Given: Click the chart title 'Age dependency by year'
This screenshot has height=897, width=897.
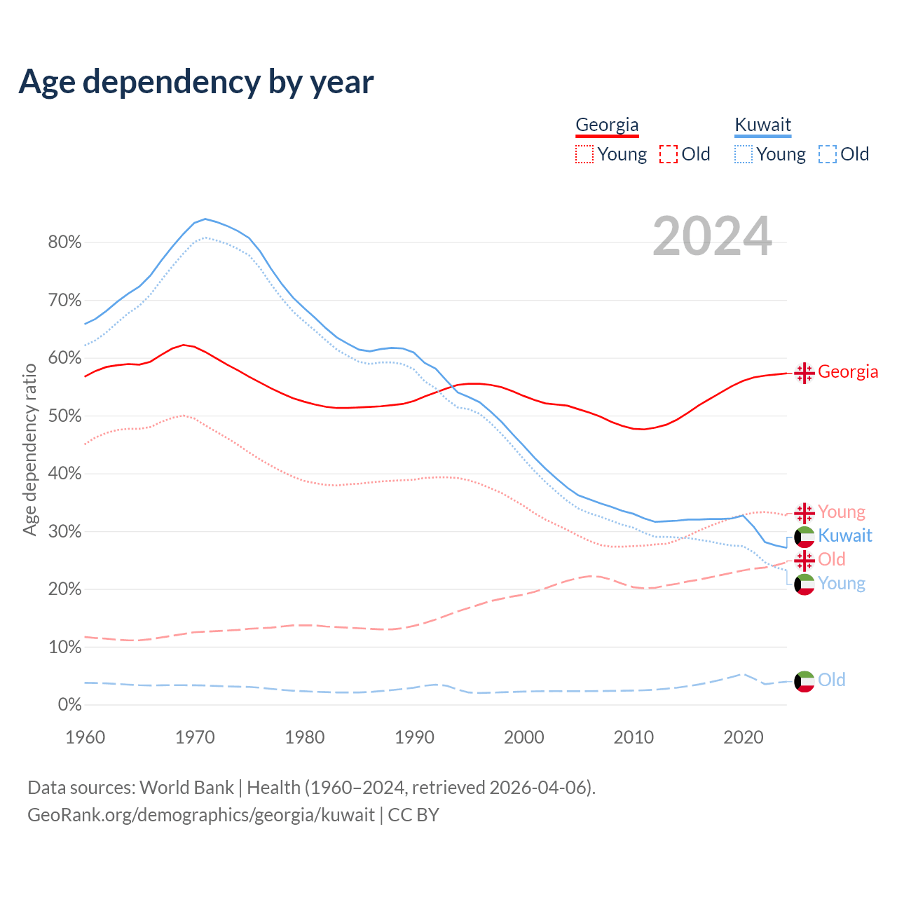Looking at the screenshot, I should click(196, 82).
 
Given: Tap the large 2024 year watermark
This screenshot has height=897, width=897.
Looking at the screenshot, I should click(712, 236).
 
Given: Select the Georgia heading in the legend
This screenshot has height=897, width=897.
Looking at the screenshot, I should click(607, 125).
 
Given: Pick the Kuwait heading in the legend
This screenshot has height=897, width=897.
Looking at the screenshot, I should click(762, 125).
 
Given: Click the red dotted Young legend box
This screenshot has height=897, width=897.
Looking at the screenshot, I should click(584, 154).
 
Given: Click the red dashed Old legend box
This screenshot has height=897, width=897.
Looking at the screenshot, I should click(669, 154).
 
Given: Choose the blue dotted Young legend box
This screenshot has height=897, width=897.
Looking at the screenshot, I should click(744, 154).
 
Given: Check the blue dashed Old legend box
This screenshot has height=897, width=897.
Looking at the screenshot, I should click(828, 154).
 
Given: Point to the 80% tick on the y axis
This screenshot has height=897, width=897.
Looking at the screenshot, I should click(64, 242).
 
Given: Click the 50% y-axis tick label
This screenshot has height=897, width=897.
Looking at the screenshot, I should click(64, 416).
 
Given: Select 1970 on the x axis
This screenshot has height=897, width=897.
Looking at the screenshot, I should click(195, 737).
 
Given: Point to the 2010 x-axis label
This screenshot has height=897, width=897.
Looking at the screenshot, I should click(634, 737).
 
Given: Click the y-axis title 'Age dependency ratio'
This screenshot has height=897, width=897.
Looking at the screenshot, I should click(29, 449).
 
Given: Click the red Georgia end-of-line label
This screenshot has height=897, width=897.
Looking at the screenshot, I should click(848, 371).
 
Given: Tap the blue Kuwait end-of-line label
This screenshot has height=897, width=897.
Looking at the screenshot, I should click(845, 535).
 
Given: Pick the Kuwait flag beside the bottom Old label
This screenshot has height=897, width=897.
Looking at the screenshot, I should click(804, 680).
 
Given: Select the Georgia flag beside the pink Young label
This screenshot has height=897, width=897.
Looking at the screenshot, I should click(804, 512).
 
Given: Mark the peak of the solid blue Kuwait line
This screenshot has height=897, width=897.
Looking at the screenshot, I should click(205, 219).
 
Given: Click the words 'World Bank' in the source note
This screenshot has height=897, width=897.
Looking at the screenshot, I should click(186, 788).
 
